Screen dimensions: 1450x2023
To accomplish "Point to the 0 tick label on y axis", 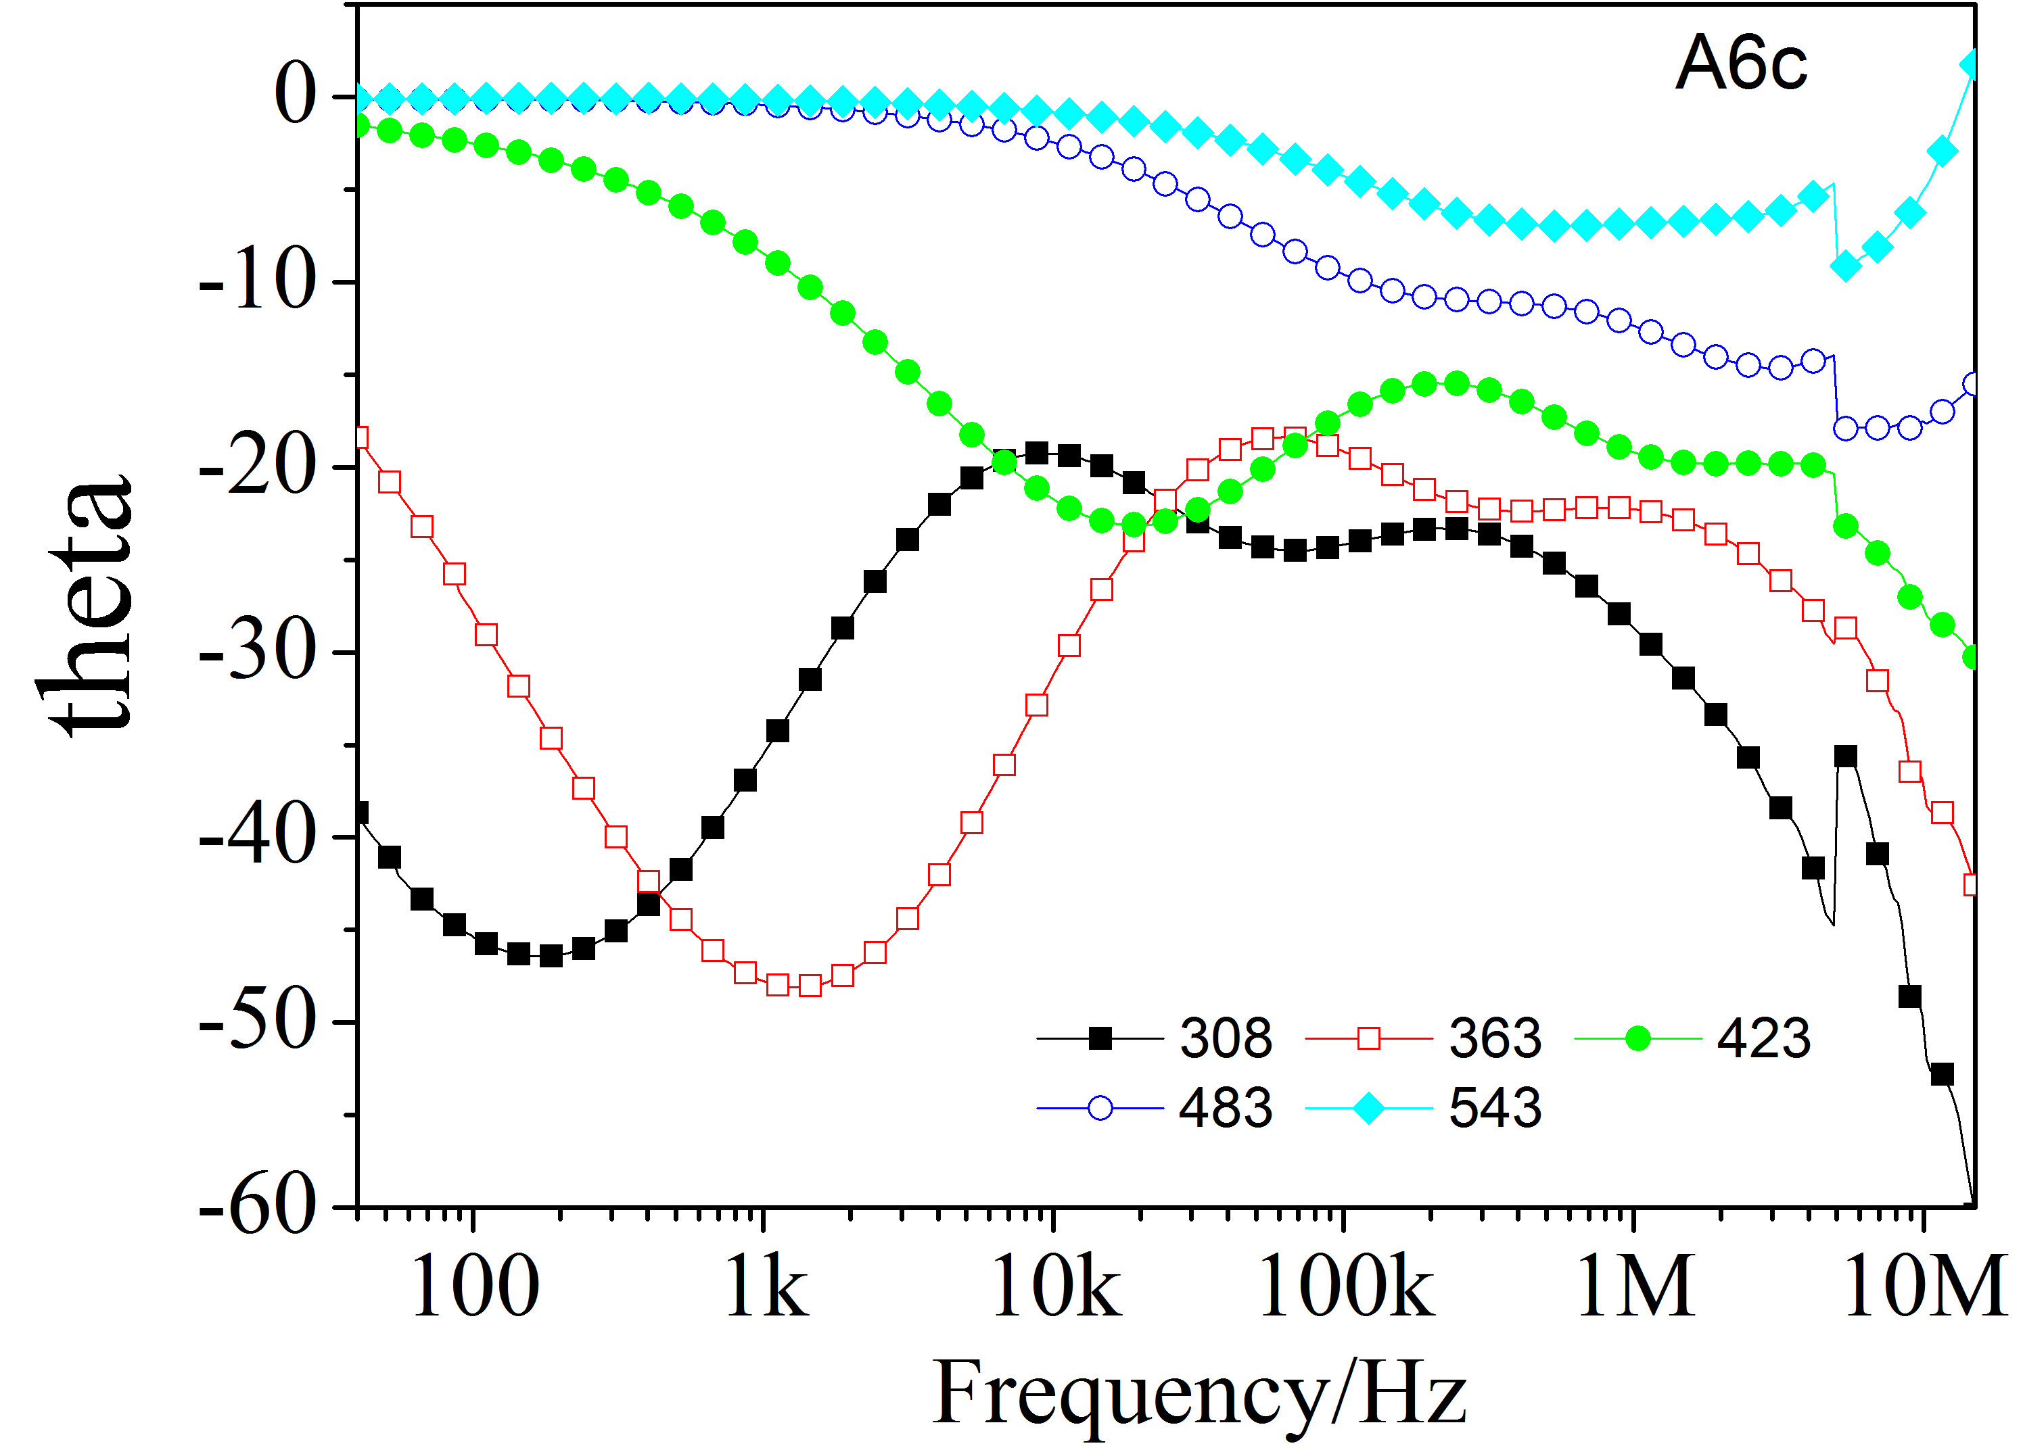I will click(x=296, y=95).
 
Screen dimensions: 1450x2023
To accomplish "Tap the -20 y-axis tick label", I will click(x=258, y=466).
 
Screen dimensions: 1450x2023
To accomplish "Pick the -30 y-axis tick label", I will click(x=258, y=652).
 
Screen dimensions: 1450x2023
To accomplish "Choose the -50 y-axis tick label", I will click(x=258, y=1022).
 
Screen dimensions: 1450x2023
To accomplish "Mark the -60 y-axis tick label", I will click(x=258, y=1207).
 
